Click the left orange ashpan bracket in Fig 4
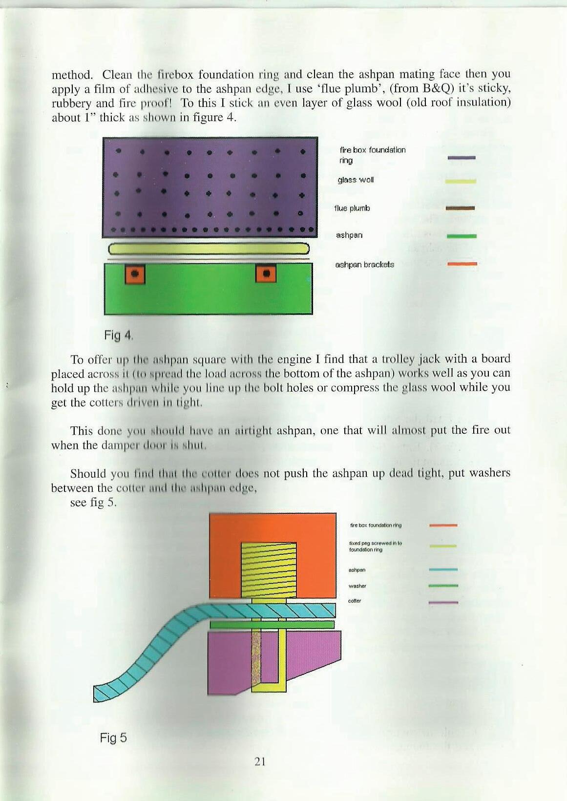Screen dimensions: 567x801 pyautogui.click(x=136, y=274)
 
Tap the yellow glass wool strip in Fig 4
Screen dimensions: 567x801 pyautogui.click(x=209, y=249)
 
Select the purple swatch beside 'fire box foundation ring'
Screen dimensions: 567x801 pyautogui.click(x=462, y=158)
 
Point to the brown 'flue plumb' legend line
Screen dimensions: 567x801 pyautogui.click(x=461, y=208)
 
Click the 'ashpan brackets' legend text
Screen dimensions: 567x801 pyautogui.click(x=365, y=264)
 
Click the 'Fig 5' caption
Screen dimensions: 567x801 pyautogui.click(x=113, y=738)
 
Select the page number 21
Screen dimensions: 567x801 pyautogui.click(x=259, y=761)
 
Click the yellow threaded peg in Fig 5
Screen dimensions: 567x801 pyautogui.click(x=269, y=569)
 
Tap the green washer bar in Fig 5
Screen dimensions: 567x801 pyautogui.click(x=272, y=624)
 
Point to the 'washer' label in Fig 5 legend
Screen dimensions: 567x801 pyautogui.click(x=357, y=586)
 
